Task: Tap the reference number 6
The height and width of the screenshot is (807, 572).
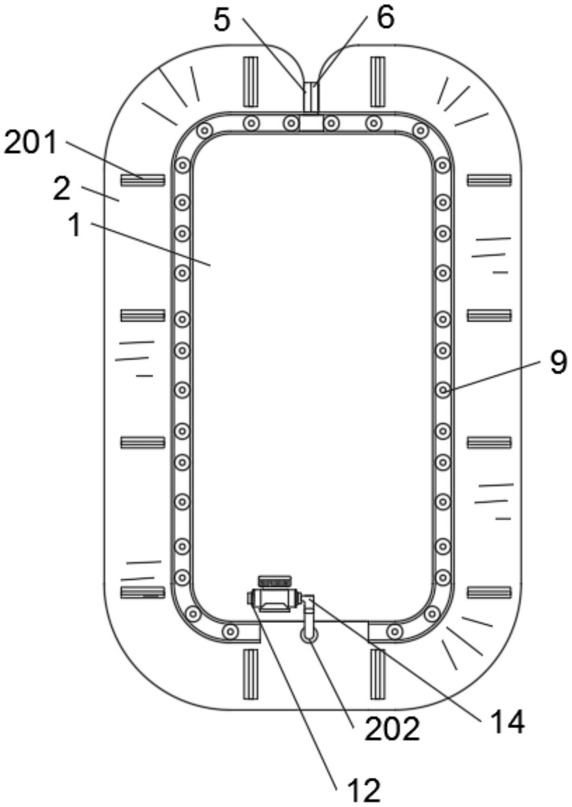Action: pyautogui.click(x=386, y=18)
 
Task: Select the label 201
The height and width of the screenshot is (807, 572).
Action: pyautogui.click(x=30, y=142)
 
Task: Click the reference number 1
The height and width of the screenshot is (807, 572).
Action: pyautogui.click(x=74, y=226)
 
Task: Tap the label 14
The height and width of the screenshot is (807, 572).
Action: pyautogui.click(x=507, y=722)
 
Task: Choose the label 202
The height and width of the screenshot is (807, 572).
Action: pyautogui.click(x=392, y=729)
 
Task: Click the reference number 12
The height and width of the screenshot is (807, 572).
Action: pyautogui.click(x=364, y=790)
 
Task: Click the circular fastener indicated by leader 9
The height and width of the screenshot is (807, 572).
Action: pyautogui.click(x=443, y=390)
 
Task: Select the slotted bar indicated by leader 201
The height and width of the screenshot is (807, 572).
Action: pyautogui.click(x=143, y=180)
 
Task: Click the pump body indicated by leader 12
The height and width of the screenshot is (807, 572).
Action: pyautogui.click(x=275, y=599)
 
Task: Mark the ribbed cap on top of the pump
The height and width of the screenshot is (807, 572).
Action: pyautogui.click(x=275, y=581)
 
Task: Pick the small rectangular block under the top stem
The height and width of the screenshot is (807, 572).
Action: pyautogui.click(x=311, y=123)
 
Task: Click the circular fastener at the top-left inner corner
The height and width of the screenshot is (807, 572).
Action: pyautogui.click(x=204, y=131)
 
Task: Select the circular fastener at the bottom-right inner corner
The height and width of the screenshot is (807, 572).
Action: pyautogui.click(x=432, y=614)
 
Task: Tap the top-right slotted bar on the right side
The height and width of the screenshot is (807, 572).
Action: pyautogui.click(x=489, y=180)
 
